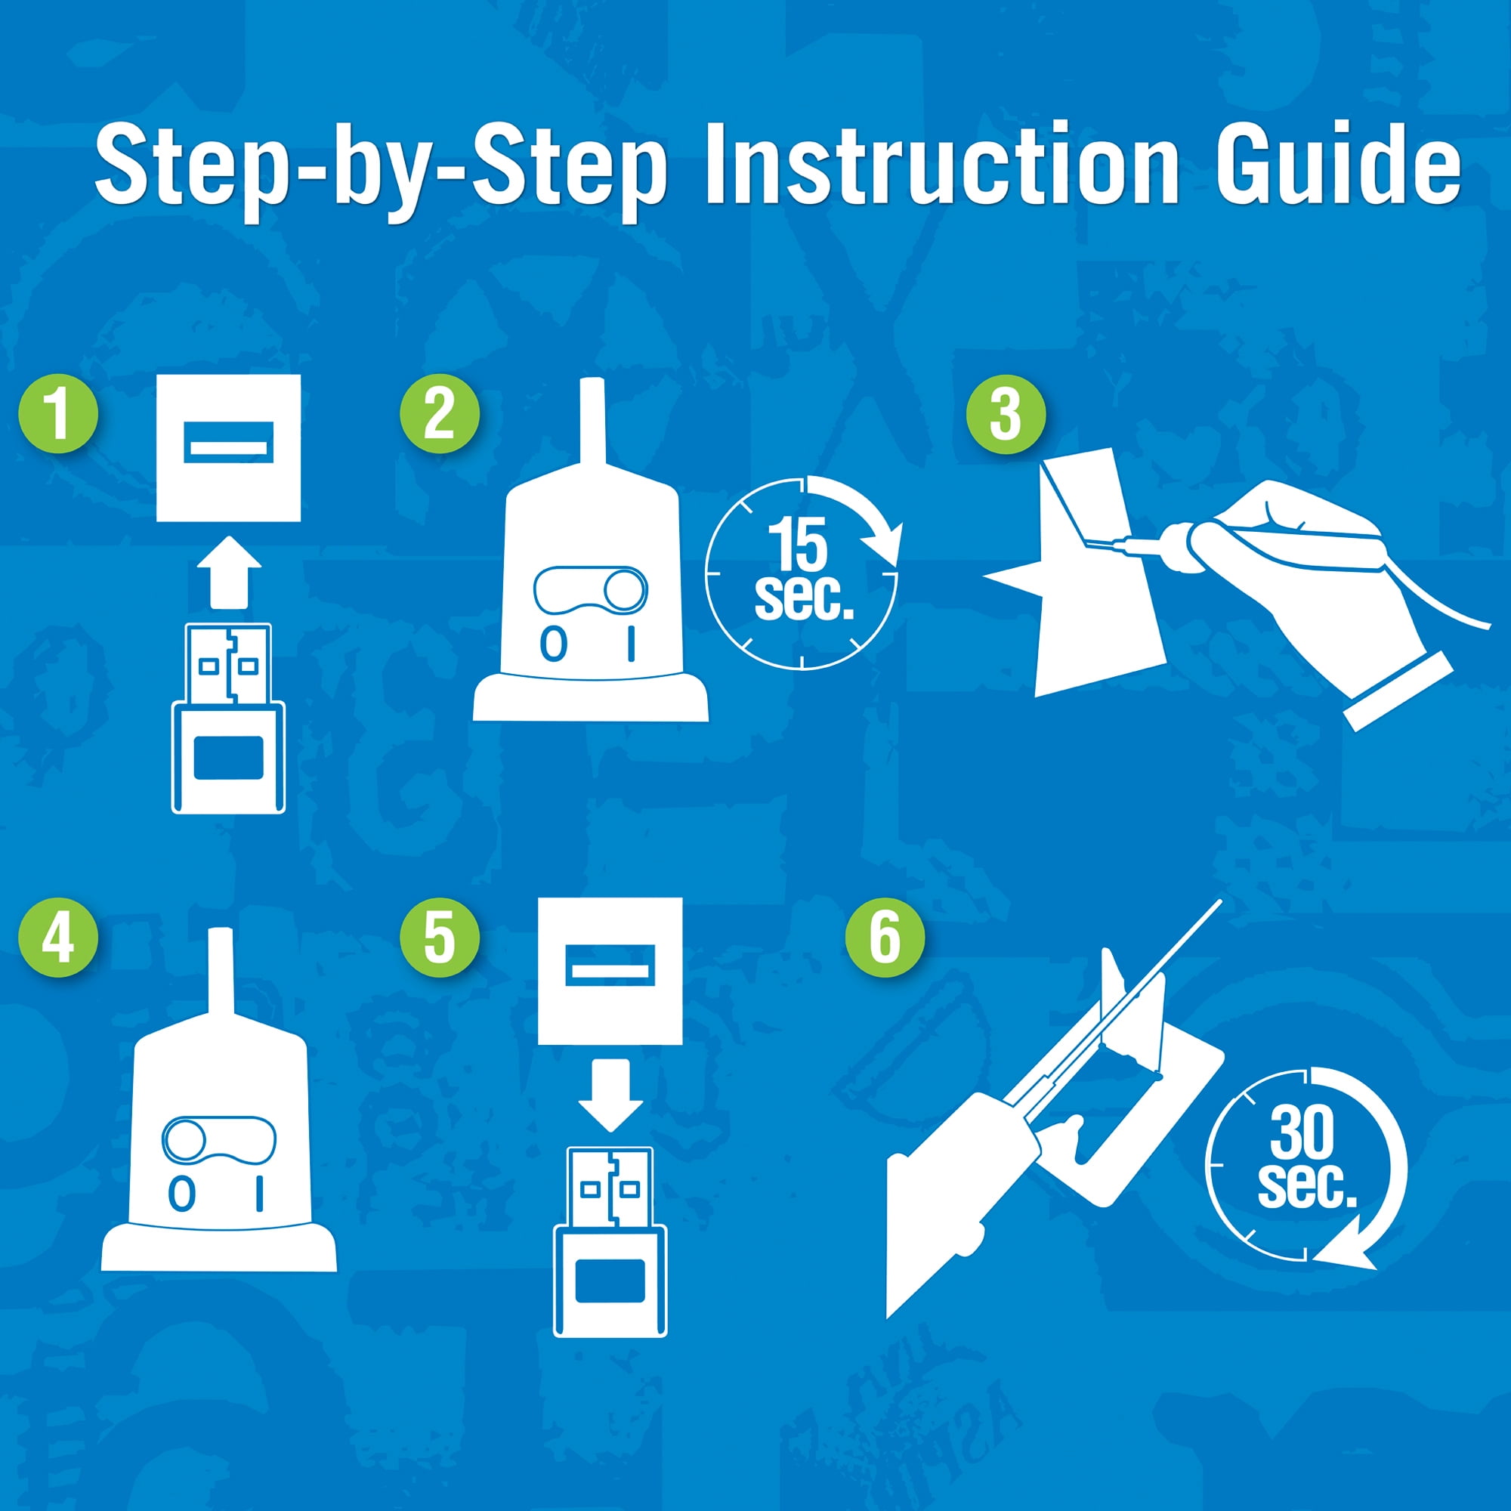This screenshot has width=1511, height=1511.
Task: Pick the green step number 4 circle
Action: [58, 937]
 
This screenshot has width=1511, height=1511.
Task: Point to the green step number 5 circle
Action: [439, 937]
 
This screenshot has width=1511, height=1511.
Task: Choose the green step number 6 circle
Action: [885, 937]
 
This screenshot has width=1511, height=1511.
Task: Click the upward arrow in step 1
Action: [229, 572]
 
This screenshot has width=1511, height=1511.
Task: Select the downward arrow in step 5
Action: [610, 1095]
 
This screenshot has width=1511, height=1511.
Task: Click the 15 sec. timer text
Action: [802, 570]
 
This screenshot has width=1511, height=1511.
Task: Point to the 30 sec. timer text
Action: [1306, 1160]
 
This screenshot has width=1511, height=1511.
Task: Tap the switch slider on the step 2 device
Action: [592, 591]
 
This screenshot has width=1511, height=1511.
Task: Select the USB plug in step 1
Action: [228, 718]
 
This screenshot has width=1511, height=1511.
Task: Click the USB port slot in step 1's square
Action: [228, 443]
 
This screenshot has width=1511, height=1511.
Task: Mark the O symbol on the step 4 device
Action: [182, 1195]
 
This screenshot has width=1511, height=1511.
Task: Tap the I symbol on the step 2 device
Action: [631, 644]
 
